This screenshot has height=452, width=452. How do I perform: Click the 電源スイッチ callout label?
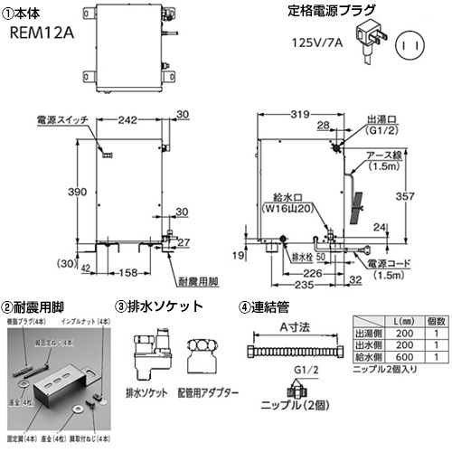(61, 119)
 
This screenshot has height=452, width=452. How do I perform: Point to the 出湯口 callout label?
(380, 118)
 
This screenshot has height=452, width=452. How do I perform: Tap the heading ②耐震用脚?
(33, 307)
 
